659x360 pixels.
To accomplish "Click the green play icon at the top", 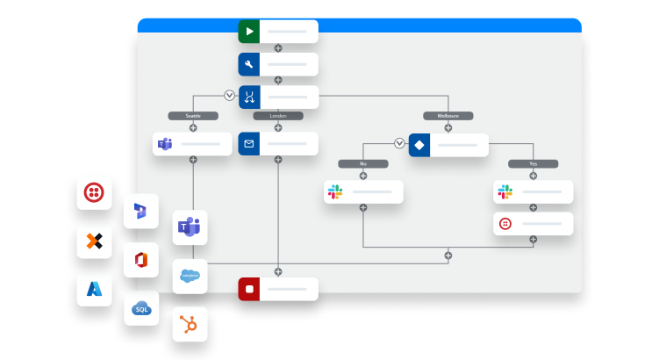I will click(x=250, y=32).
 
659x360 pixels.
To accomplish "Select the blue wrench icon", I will click(x=250, y=64).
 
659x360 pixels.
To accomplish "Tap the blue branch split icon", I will click(x=250, y=96).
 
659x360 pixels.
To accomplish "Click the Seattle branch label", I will click(x=193, y=115).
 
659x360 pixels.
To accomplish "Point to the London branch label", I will click(x=278, y=115).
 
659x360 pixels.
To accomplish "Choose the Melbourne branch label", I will click(x=448, y=115).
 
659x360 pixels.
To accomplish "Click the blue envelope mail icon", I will click(x=250, y=144).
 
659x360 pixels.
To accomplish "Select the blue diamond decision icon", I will click(x=419, y=144).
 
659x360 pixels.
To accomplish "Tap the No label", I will click(x=362, y=163).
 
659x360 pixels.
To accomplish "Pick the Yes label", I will click(x=533, y=163).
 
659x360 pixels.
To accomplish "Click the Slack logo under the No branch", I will click(x=334, y=191).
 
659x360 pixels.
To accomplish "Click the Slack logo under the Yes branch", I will click(x=505, y=191).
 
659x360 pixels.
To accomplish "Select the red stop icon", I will click(x=250, y=288).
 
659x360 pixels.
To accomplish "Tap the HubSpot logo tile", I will click(x=190, y=325).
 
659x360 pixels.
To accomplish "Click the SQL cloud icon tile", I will click(x=141, y=308).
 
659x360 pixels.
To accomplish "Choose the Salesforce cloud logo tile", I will click(x=190, y=277).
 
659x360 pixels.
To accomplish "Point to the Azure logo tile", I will click(x=94, y=288).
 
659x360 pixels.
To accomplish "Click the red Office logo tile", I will click(x=141, y=261).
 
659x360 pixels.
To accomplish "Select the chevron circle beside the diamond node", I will click(x=399, y=144).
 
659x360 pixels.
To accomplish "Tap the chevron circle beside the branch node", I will click(x=230, y=96).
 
